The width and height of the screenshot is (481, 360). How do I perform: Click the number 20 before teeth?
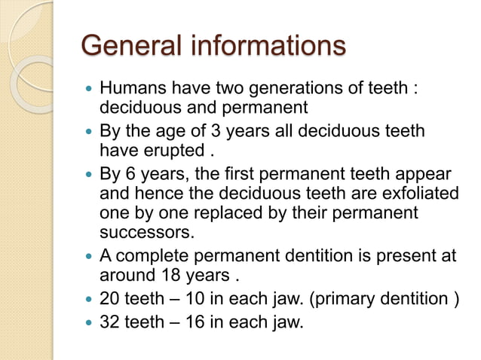pos(111,299)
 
